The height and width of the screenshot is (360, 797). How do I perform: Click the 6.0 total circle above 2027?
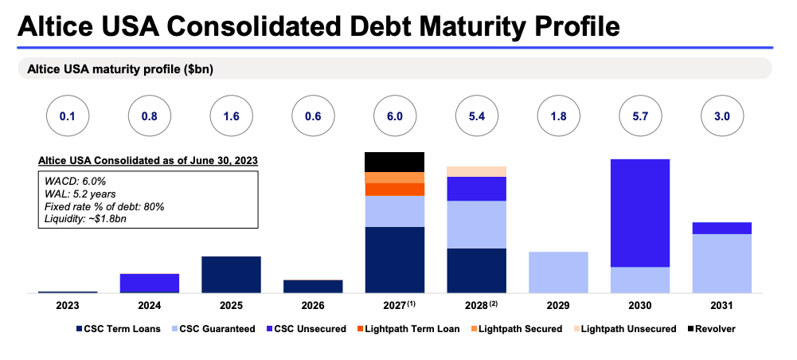click(x=394, y=116)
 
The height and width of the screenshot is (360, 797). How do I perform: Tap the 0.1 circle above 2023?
click(x=68, y=116)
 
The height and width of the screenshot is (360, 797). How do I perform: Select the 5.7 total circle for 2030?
click(x=639, y=116)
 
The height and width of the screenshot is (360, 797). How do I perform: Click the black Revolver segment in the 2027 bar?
click(x=394, y=162)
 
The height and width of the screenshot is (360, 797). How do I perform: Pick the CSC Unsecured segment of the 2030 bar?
click(x=639, y=213)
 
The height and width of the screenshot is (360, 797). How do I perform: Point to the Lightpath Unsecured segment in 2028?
click(x=476, y=171)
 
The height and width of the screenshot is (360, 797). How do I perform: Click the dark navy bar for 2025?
click(x=231, y=274)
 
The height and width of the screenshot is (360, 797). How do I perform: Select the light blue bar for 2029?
click(x=558, y=272)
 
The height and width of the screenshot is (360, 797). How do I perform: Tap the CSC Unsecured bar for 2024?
click(x=149, y=282)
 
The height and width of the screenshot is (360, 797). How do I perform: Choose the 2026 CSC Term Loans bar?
click(x=313, y=286)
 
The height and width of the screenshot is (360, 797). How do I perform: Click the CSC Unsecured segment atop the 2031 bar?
click(x=721, y=228)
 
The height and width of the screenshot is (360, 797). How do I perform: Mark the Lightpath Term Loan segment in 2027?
click(x=394, y=190)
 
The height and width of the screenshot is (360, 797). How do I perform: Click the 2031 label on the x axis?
click(x=721, y=305)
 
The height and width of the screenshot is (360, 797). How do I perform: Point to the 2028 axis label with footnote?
click(x=478, y=305)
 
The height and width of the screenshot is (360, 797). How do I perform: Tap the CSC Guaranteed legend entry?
click(x=216, y=329)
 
